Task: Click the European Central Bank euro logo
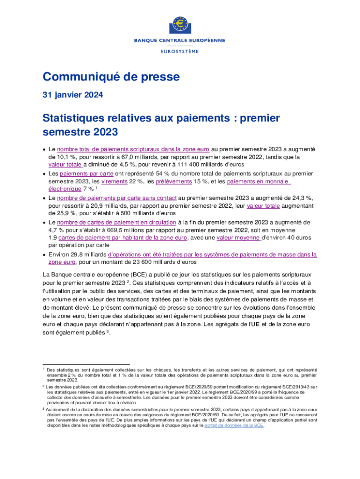pos(180,24)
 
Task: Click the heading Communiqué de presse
pos(111,76)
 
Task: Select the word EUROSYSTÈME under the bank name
pos(180,51)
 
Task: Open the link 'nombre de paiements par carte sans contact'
pos(116,198)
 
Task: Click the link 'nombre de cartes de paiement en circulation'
pos(116,222)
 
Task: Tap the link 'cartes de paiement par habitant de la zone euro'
pos(123,238)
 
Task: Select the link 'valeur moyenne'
pos(238,238)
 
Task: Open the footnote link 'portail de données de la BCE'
pos(234,426)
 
